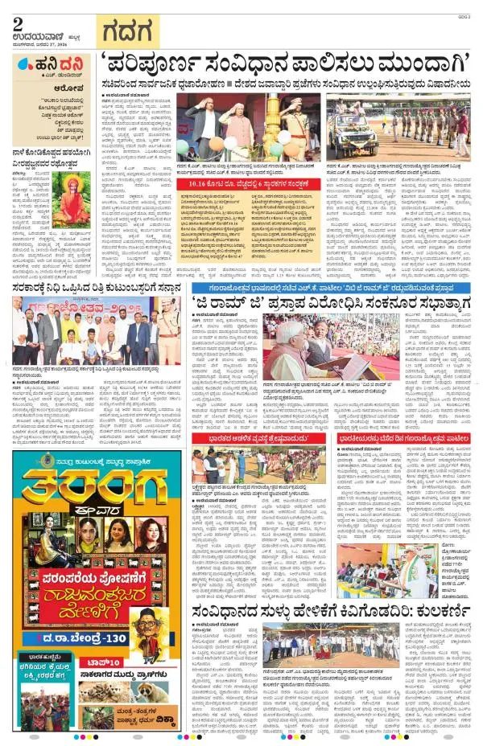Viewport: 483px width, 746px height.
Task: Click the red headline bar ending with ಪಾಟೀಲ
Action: tap(407, 439)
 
